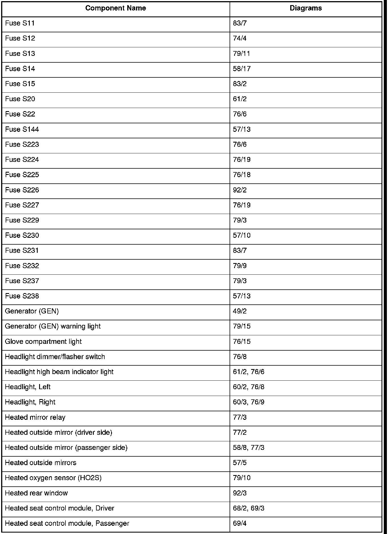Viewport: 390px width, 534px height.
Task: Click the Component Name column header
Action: (x=115, y=8)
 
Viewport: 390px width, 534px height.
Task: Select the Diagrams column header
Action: (x=306, y=8)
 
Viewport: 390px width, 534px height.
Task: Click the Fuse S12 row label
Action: (x=20, y=38)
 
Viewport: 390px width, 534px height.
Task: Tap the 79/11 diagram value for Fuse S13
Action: (x=241, y=54)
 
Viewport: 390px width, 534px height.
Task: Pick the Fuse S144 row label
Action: (x=22, y=129)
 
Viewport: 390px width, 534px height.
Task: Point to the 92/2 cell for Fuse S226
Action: (x=240, y=190)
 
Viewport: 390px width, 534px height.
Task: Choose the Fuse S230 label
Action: (x=22, y=235)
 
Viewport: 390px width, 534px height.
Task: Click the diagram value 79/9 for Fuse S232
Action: (x=240, y=266)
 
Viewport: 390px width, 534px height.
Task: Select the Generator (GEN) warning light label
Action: (x=53, y=326)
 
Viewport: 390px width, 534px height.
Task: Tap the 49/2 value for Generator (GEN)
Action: (x=240, y=311)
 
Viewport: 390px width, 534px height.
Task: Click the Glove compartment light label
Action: (x=43, y=342)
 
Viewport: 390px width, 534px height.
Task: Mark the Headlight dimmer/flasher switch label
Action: (x=55, y=357)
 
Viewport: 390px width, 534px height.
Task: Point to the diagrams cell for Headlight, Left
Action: (x=249, y=387)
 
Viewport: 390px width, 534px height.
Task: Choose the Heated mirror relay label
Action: (x=35, y=417)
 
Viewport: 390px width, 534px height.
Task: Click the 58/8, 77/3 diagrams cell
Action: (x=249, y=448)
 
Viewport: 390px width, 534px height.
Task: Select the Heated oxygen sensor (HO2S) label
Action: (x=53, y=478)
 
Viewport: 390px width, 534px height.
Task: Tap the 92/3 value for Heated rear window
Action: (x=240, y=493)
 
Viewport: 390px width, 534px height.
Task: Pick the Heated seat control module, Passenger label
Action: (x=67, y=523)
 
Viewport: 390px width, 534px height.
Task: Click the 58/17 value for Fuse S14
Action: (x=242, y=69)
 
